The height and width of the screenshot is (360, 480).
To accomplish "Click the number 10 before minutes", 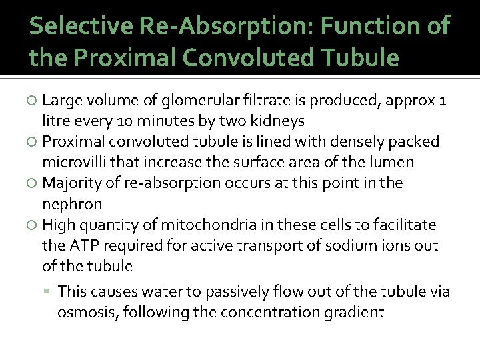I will [x=129, y=122].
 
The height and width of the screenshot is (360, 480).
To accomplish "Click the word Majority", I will [x=71, y=183].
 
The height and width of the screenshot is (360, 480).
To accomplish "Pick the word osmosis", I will [x=83, y=312].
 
